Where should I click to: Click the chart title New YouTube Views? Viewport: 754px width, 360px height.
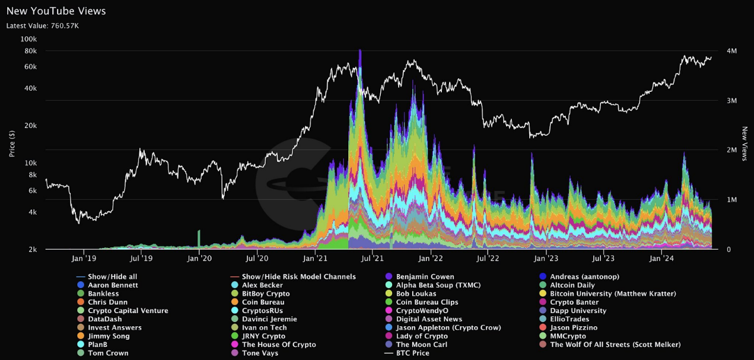coord(56,11)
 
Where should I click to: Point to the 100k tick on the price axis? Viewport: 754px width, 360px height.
coord(28,39)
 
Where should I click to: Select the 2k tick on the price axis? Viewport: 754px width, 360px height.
coord(33,250)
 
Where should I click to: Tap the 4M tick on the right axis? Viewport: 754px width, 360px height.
coord(732,51)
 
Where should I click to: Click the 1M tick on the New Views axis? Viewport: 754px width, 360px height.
coord(732,200)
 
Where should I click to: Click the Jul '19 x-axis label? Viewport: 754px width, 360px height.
coord(140,259)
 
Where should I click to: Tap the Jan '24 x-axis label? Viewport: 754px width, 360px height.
coord(661,259)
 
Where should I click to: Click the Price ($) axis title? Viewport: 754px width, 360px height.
coord(12,144)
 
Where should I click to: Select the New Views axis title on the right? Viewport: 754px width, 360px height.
coord(745,144)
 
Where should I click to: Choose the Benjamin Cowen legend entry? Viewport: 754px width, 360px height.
coord(425,277)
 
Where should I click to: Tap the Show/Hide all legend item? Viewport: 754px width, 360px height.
coord(112,277)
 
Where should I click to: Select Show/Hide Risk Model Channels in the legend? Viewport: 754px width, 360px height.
coord(298,277)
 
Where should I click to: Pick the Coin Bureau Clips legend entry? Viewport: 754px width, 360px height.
coord(427,302)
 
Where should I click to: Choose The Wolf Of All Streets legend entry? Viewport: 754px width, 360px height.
coord(615,345)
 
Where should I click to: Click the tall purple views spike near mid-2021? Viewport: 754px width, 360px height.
coord(360,56)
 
